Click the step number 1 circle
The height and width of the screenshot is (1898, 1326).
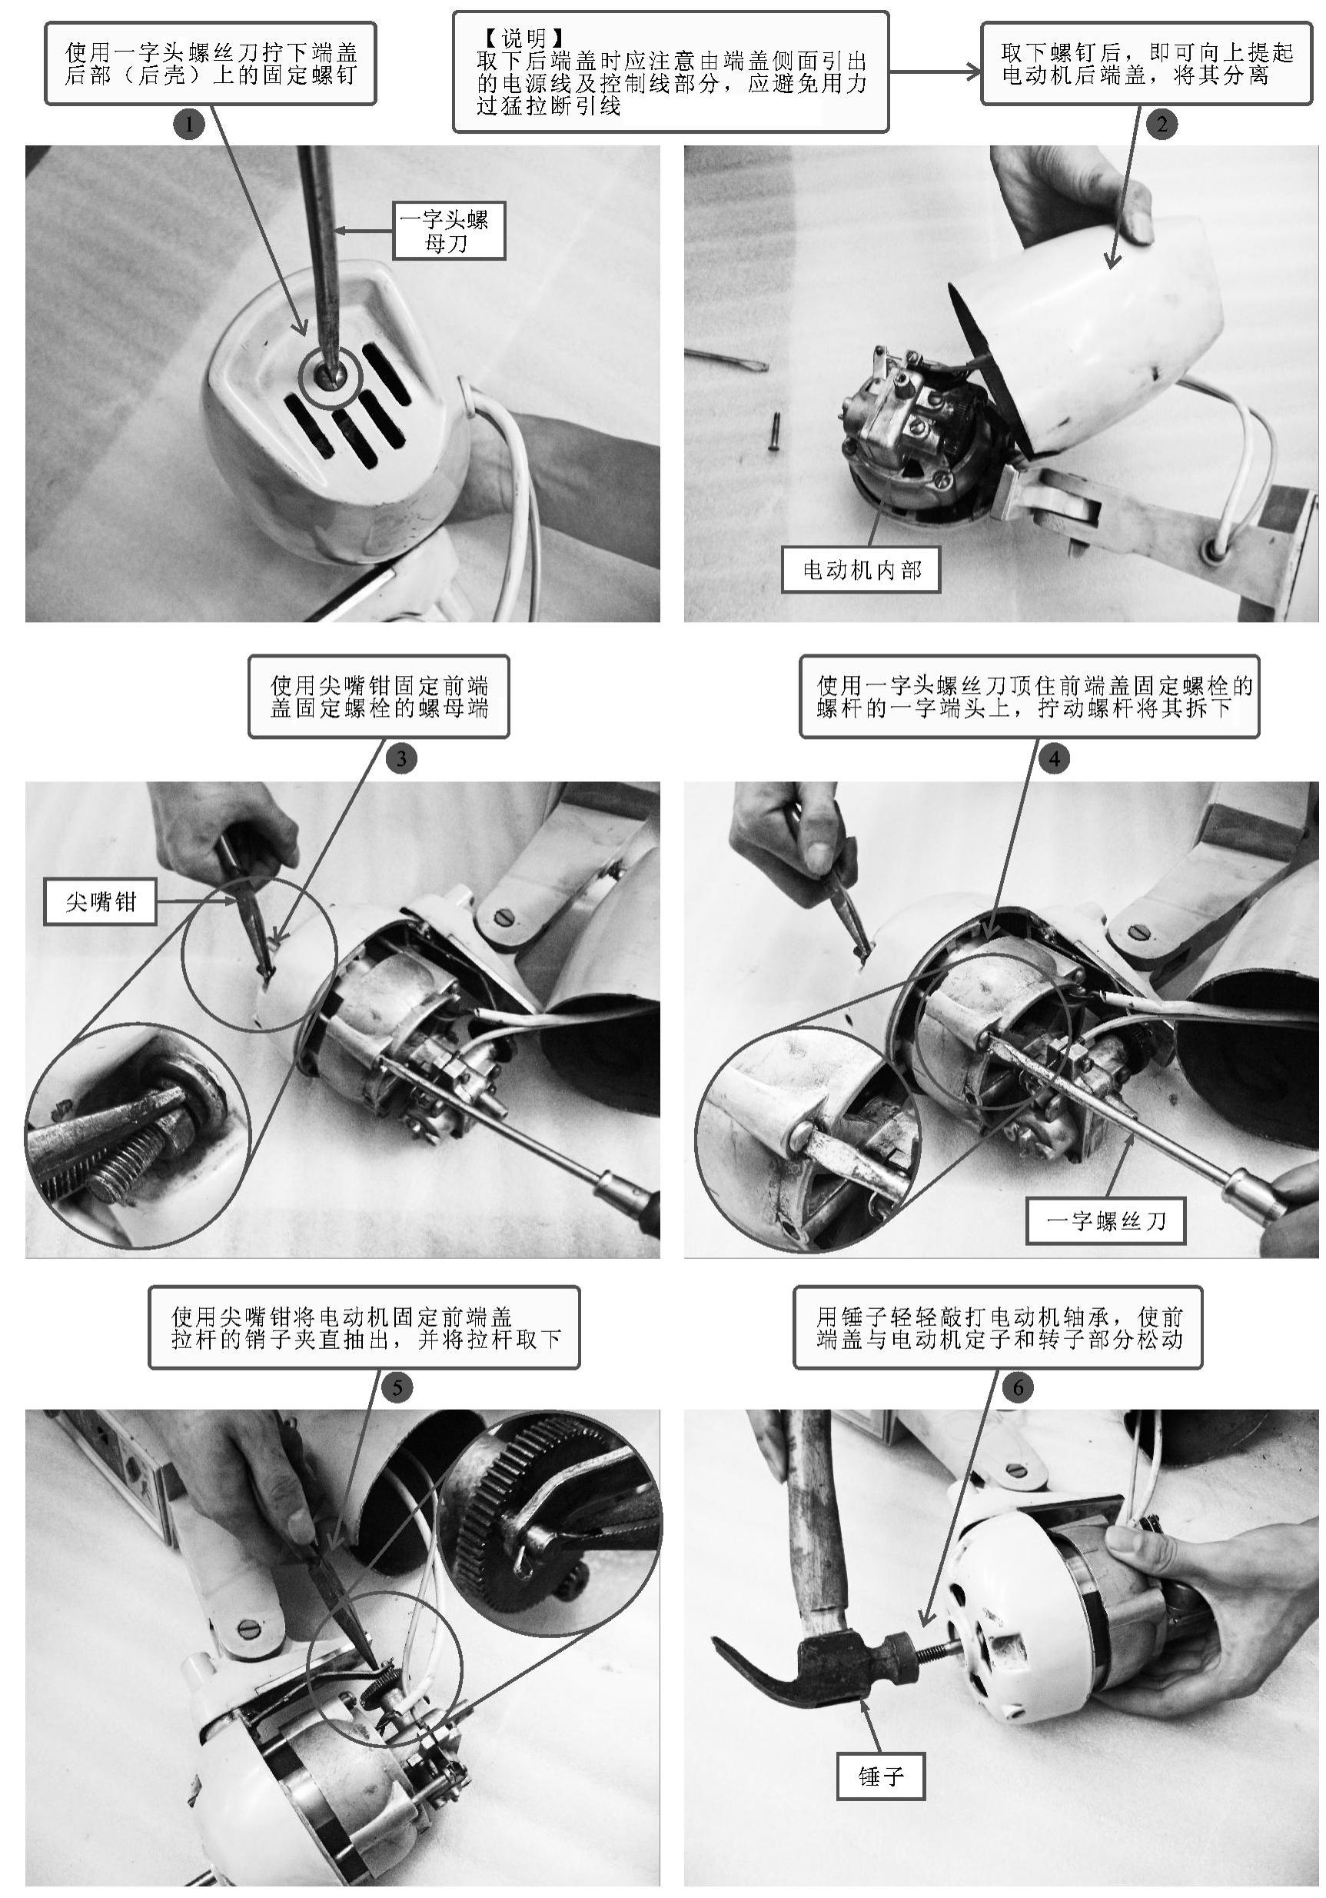point(189,125)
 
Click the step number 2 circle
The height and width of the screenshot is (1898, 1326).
point(1161,125)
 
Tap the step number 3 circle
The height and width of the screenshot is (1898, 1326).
point(400,758)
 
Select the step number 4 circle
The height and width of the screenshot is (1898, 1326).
point(1054,758)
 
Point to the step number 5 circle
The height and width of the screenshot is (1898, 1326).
point(397,1387)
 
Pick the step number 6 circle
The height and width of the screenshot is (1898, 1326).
point(1018,1387)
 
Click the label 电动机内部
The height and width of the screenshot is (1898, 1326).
point(861,570)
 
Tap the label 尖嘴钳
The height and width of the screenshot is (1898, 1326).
point(100,901)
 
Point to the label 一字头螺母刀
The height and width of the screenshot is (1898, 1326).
point(448,231)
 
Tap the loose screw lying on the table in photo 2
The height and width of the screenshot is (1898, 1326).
point(774,431)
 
